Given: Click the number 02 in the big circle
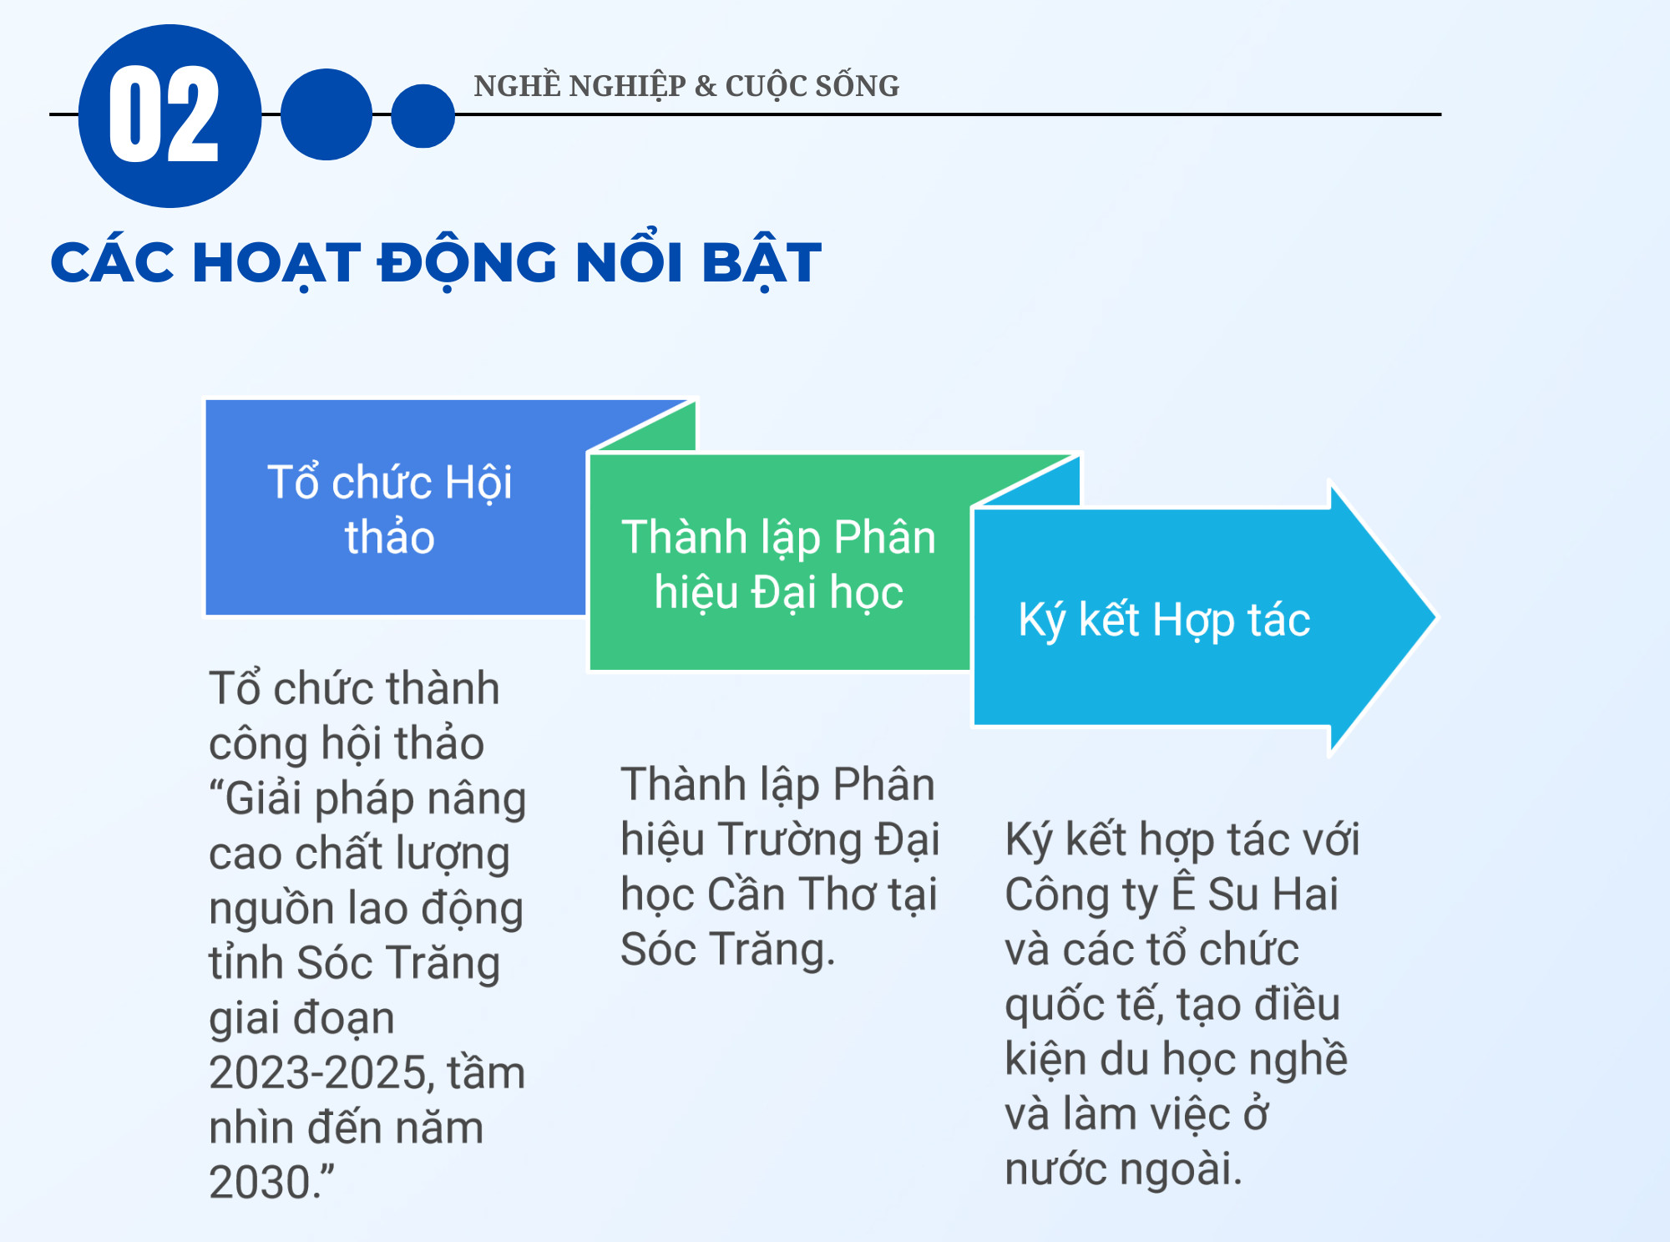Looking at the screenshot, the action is [164, 114].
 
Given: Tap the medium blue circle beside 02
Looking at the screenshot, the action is [326, 114].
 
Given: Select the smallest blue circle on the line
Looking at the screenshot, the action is [423, 115].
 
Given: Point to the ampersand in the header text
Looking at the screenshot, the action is [706, 86].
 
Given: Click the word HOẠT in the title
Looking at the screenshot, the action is [276, 264].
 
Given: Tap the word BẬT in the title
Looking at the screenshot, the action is [762, 264].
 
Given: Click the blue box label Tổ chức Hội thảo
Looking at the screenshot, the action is [390, 509].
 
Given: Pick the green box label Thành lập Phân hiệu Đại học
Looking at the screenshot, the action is [779, 564].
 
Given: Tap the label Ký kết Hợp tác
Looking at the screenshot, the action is [1164, 620].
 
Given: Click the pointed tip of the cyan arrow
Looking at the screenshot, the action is [1435, 618].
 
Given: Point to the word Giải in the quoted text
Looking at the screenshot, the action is [263, 798].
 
